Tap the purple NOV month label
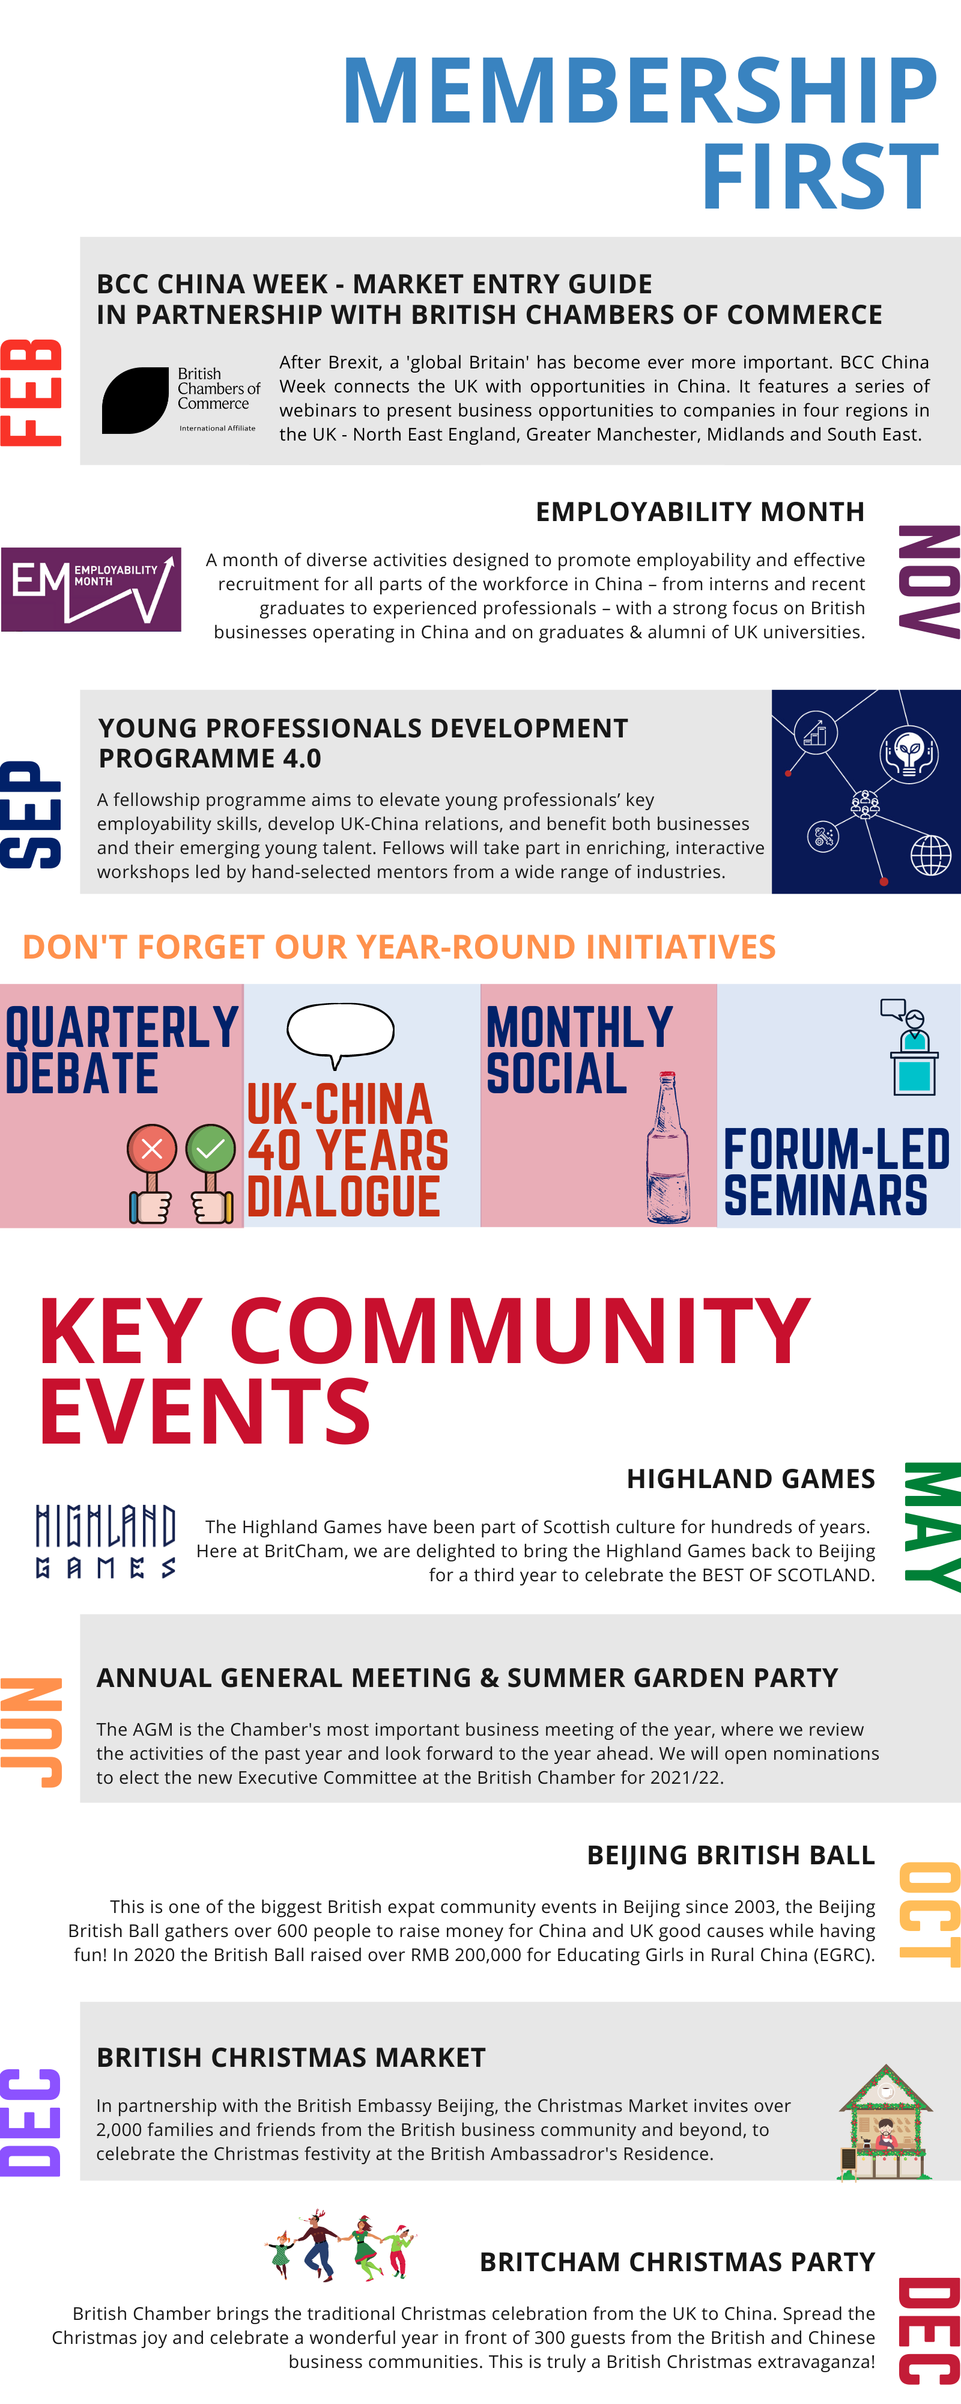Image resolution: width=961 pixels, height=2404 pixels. click(x=929, y=582)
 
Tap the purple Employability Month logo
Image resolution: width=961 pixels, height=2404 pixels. click(x=91, y=590)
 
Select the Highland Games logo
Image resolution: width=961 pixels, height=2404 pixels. click(x=106, y=1541)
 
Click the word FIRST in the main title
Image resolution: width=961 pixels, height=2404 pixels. click(x=820, y=176)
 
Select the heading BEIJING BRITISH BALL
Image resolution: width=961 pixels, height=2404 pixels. click(x=730, y=1855)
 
